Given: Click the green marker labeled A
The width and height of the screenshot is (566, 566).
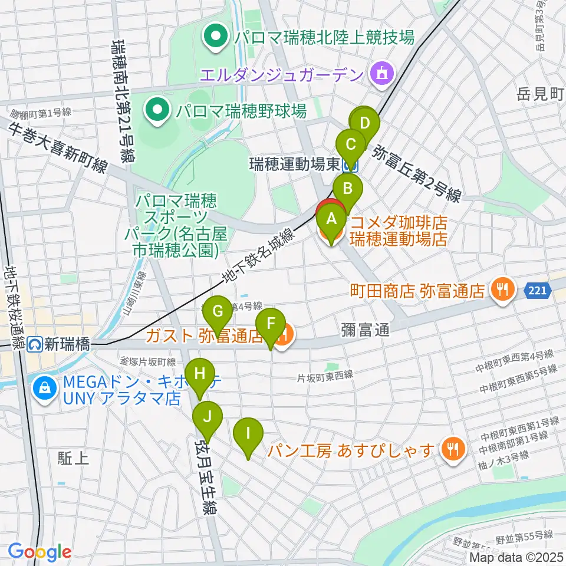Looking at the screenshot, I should pyautogui.click(x=331, y=221).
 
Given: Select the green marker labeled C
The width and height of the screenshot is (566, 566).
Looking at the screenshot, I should pyautogui.click(x=351, y=144).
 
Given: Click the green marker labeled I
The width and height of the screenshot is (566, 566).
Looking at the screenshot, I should pyautogui.click(x=248, y=435).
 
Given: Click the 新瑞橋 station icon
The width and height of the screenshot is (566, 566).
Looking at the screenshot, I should pyautogui.click(x=37, y=343).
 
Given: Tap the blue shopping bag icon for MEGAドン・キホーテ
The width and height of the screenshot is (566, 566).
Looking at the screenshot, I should pyautogui.click(x=44, y=387).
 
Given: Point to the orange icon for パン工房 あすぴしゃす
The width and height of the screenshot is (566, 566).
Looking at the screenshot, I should pyautogui.click(x=452, y=450).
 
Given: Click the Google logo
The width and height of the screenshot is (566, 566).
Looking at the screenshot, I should pyautogui.click(x=40, y=551).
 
